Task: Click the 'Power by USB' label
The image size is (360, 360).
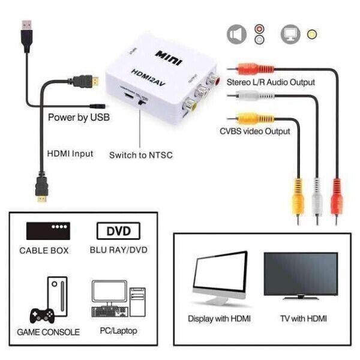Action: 79,117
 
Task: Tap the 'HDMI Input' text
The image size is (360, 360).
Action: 70,154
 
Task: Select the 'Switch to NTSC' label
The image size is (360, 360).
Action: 140,155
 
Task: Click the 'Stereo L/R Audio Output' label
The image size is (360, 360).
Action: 271,82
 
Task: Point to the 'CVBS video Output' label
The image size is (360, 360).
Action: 254,131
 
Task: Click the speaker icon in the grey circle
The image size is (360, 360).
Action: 236,34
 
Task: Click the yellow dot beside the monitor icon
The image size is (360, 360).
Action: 311,34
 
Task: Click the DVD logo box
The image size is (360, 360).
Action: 118,231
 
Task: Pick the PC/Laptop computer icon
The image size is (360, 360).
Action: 118,298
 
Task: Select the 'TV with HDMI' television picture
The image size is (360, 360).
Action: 301,275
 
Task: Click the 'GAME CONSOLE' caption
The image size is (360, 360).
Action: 48,332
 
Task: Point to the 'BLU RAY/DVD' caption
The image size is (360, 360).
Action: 118,250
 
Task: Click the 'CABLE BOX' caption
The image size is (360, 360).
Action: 44,250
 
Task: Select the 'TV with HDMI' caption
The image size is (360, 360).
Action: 304,319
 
